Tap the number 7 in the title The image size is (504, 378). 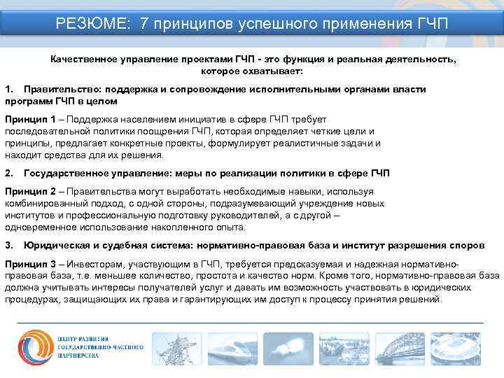coord(144,24)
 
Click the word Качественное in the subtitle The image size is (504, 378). coord(81,61)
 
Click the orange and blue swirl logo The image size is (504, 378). coord(32,347)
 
